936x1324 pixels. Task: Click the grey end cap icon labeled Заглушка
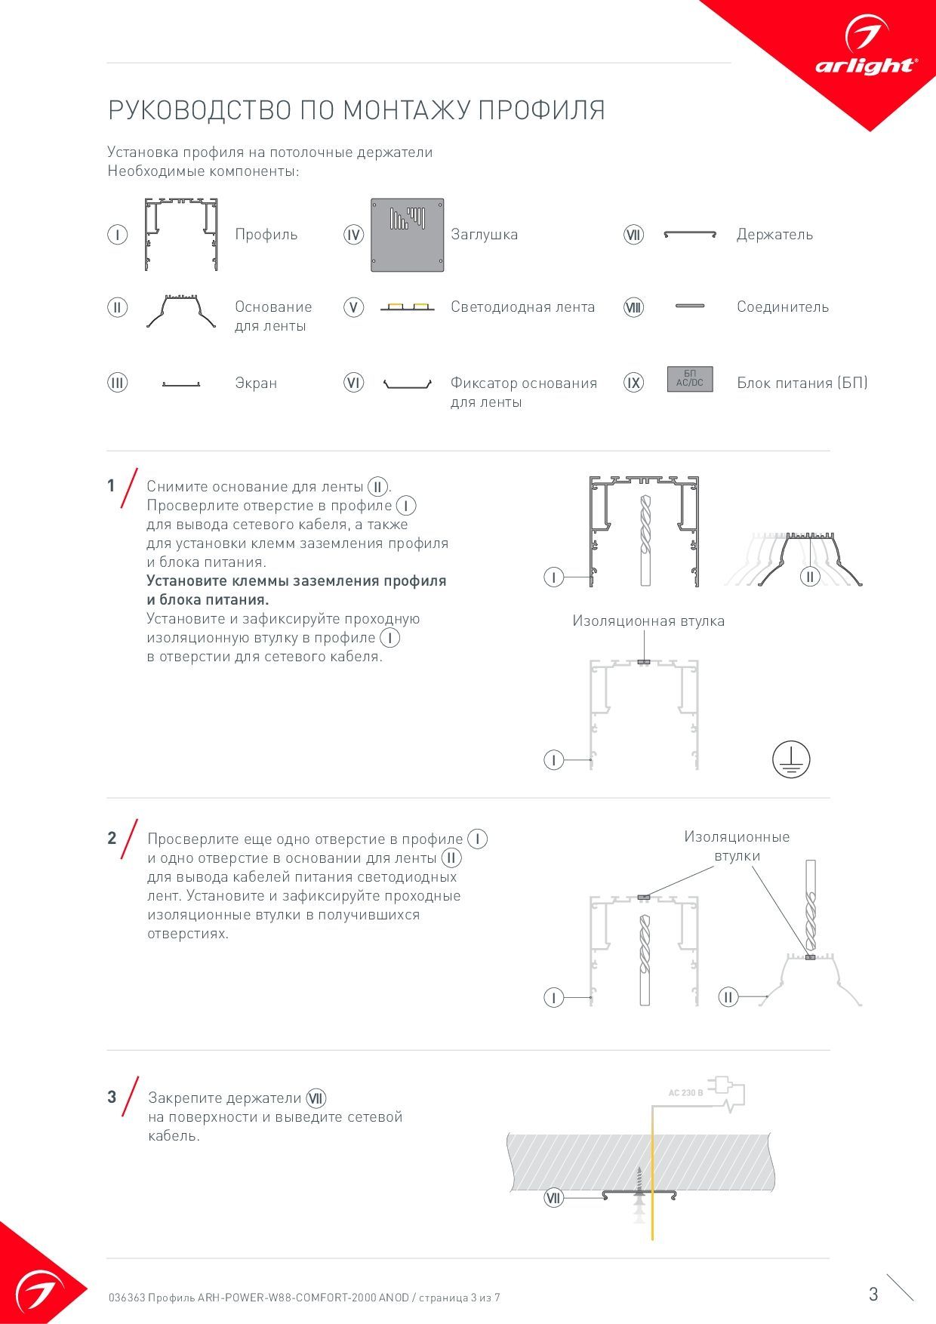click(407, 235)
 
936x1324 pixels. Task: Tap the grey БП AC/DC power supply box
click(689, 379)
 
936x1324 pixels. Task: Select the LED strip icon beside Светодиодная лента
click(407, 306)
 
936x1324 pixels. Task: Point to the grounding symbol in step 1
click(790, 759)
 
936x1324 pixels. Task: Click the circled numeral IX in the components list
click(633, 383)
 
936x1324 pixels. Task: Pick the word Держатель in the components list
click(774, 235)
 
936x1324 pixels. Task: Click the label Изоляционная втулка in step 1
click(648, 621)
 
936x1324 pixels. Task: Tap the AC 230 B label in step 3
click(685, 1092)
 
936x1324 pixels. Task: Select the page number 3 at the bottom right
click(873, 1294)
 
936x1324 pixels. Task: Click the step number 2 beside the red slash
click(112, 838)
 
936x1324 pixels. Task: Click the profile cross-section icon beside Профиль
click(181, 234)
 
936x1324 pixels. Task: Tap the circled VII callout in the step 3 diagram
click(553, 1198)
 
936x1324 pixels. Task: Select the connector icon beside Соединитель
click(690, 306)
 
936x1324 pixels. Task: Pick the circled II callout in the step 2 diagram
click(728, 997)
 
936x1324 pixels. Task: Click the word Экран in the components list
click(256, 383)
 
